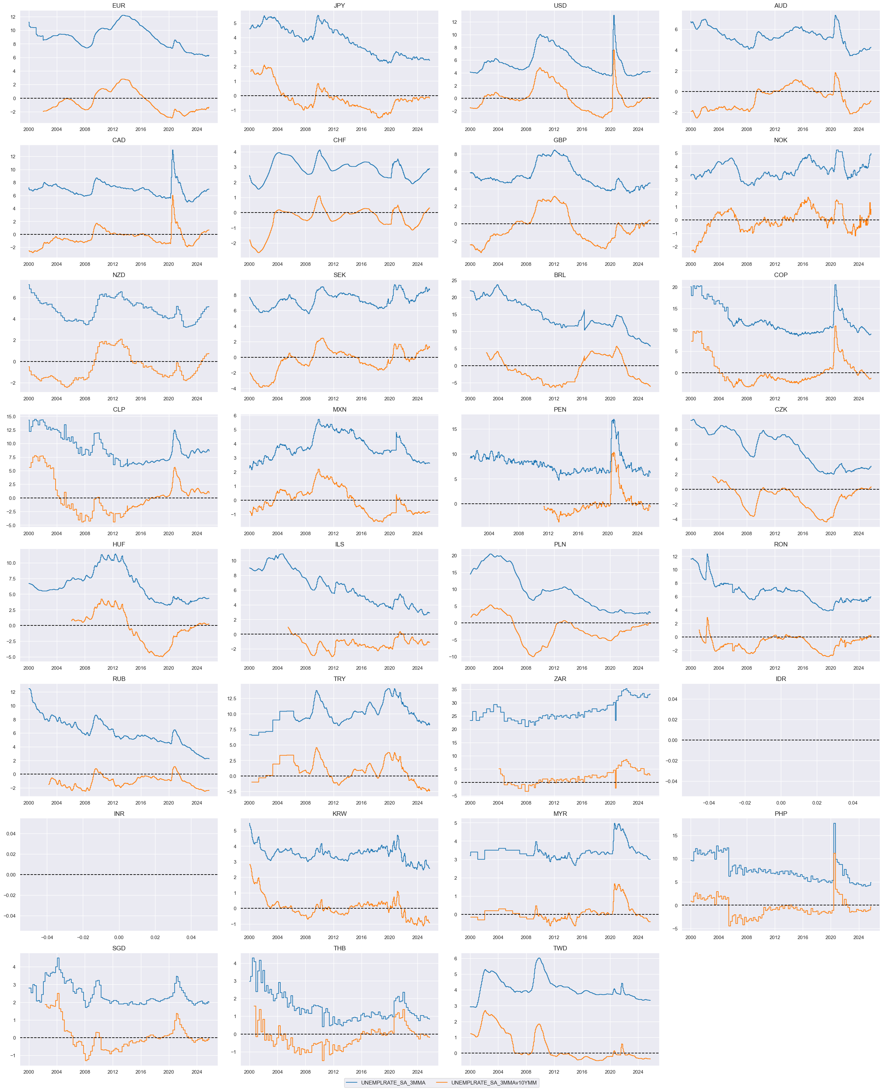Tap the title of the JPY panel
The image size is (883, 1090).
(x=339, y=5)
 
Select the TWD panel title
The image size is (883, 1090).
(x=560, y=948)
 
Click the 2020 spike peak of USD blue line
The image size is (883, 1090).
(x=614, y=15)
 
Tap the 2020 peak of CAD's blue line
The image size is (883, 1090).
(x=172, y=150)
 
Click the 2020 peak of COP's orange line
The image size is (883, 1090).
(x=835, y=326)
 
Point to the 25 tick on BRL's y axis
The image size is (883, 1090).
(x=454, y=280)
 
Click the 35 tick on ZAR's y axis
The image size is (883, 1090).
(x=454, y=690)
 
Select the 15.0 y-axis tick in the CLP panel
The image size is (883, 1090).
(x=11, y=416)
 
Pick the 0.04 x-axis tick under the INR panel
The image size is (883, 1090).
(x=191, y=937)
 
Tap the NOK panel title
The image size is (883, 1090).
(x=781, y=140)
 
